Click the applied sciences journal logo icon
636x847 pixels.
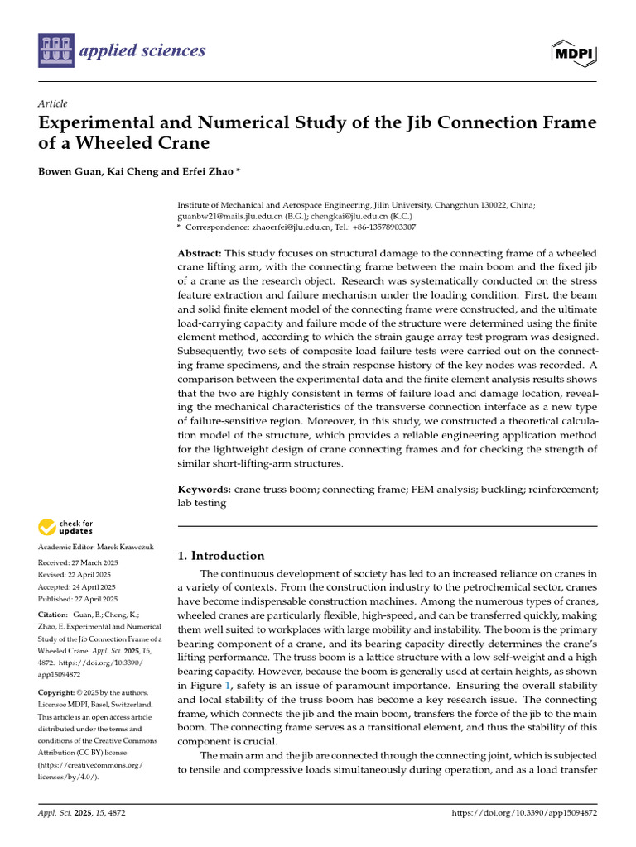pos(55,50)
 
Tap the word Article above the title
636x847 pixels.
pos(53,103)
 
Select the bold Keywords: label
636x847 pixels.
pos(205,490)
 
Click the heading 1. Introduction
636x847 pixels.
pos(221,556)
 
